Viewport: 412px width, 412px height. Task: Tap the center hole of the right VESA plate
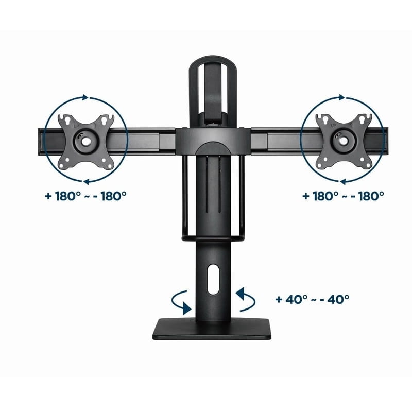pos(342,141)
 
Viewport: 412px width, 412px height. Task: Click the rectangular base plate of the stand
pos(212,329)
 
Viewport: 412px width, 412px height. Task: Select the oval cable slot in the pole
pos(213,279)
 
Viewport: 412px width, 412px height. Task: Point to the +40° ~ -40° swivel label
pos(313,299)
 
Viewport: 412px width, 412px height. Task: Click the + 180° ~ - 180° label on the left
pos(85,196)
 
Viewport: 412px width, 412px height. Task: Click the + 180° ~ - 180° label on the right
pos(343,196)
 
